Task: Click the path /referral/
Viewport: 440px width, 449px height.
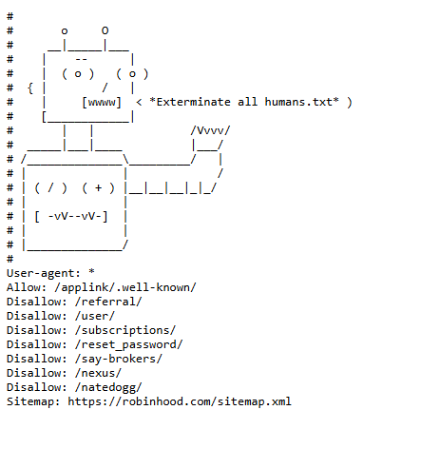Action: coord(108,302)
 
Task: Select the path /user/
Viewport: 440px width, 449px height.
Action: coord(95,316)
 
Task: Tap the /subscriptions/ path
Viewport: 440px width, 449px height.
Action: coord(125,330)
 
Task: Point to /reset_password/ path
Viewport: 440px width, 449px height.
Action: coord(129,344)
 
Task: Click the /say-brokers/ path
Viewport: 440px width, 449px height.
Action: coord(119,359)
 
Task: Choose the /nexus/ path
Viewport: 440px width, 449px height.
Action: coord(98,373)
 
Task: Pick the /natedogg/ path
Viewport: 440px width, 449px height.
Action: coord(108,387)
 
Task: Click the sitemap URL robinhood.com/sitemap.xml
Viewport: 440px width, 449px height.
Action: coord(180,401)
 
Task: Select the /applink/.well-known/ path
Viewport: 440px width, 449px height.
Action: coord(125,287)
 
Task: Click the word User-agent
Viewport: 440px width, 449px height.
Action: coord(40,273)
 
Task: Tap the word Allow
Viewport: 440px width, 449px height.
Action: coord(25,287)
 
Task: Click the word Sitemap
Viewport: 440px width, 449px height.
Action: coord(30,401)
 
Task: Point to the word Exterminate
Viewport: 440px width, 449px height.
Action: coord(193,102)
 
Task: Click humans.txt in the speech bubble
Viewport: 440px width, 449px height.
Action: coord(298,102)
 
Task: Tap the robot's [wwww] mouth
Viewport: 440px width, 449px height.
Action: coord(102,103)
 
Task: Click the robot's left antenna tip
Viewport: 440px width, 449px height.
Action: coord(65,31)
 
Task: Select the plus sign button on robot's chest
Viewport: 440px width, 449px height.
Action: coord(98,187)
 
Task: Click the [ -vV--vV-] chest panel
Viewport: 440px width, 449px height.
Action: coord(71,217)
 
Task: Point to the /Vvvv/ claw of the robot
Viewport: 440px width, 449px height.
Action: coord(210,130)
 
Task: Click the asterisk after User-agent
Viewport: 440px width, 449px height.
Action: coord(91,272)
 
